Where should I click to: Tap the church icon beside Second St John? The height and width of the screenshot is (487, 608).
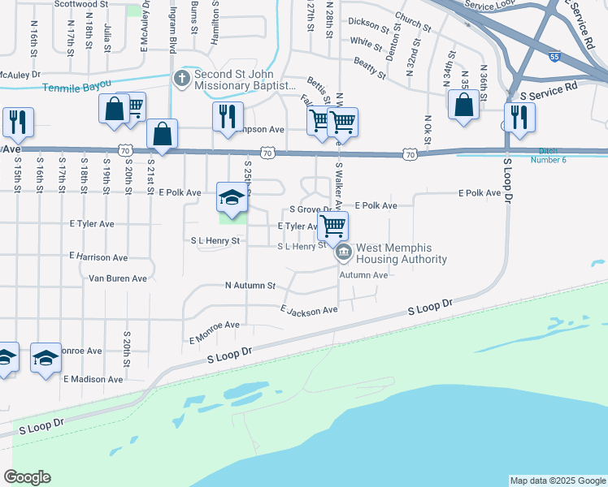(181, 79)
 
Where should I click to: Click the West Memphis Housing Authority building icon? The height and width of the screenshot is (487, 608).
(344, 253)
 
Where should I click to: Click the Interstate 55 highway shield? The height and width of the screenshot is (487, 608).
(554, 58)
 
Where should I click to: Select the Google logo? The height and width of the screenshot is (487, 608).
(27, 477)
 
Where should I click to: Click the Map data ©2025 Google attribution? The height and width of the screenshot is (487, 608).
(557, 481)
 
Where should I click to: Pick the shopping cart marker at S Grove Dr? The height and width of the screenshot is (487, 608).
(333, 226)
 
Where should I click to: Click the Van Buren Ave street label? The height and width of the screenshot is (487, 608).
(117, 278)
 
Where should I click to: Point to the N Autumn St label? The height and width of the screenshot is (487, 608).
(250, 286)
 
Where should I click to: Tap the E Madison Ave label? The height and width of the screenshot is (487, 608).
(93, 379)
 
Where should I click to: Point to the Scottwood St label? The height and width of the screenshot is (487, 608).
(80, 4)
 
